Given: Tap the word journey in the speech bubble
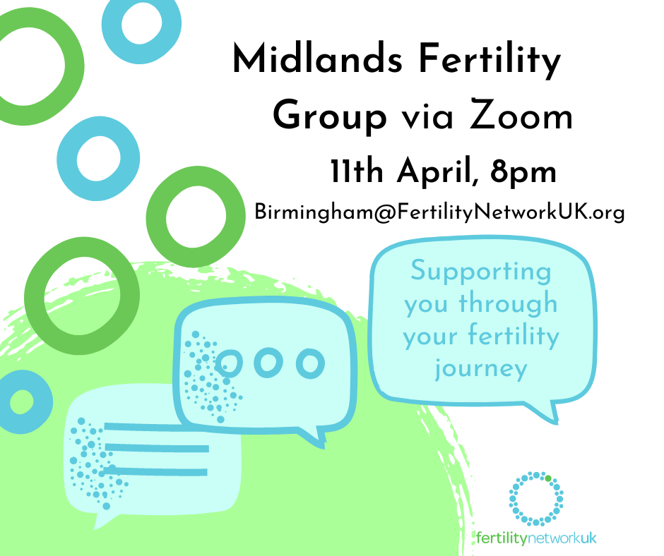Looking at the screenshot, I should [x=481, y=368].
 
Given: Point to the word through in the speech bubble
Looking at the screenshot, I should [x=508, y=304].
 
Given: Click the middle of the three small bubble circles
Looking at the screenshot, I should [x=268, y=363].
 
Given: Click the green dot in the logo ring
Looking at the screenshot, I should [x=548, y=478].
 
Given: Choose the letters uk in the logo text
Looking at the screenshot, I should [x=588, y=538].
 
